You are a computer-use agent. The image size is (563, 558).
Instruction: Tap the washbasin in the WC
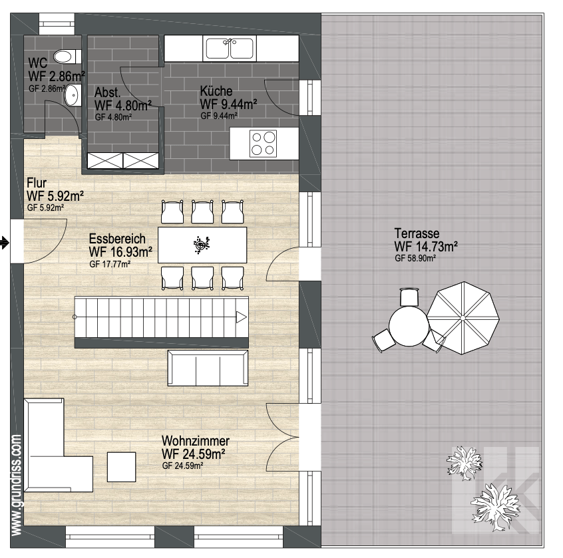73,96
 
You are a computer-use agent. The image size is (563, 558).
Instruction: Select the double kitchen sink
230,48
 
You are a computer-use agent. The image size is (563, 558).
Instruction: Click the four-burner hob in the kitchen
263,143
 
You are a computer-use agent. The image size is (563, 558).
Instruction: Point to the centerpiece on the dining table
202,245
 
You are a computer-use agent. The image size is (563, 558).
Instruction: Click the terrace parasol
463,318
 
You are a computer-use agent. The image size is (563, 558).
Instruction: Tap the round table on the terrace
409,326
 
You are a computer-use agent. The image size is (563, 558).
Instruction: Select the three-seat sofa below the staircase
208,368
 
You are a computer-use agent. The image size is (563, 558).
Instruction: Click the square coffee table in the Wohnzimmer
121,467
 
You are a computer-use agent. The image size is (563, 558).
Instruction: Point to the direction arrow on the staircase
242,317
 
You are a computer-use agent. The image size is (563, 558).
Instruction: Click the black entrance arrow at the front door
5,243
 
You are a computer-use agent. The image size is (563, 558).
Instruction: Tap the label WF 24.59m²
193,454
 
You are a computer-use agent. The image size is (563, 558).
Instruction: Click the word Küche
216,91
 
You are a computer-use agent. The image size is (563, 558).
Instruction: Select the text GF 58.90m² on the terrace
415,258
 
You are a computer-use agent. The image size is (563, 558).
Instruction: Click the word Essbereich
117,239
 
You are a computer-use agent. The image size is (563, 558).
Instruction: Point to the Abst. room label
107,92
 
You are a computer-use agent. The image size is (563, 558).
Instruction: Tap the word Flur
37,183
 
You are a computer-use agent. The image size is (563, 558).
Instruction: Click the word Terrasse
417,233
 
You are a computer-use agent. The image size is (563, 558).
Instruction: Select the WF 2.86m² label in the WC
57,76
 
